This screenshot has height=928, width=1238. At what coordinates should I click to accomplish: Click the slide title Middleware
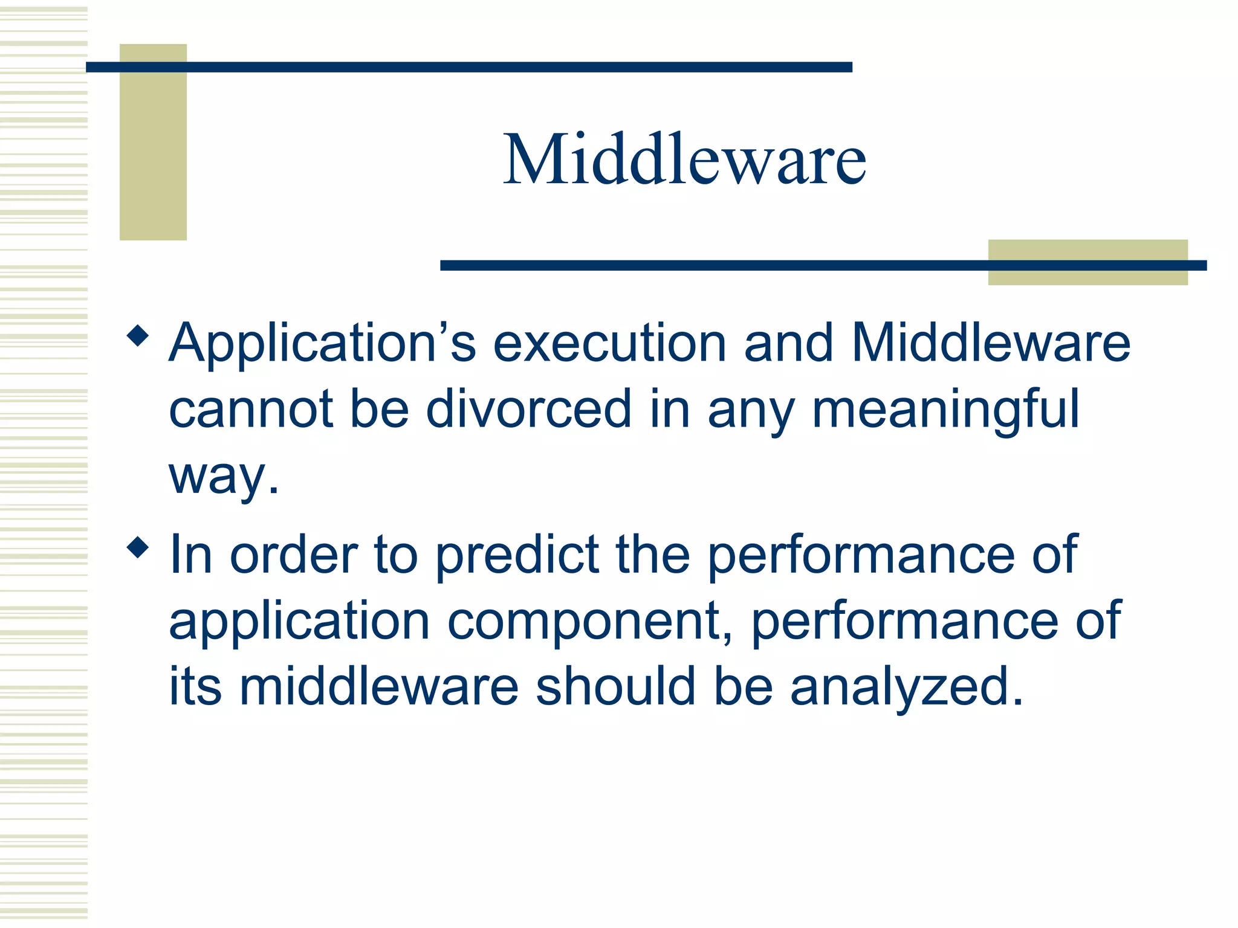point(684,159)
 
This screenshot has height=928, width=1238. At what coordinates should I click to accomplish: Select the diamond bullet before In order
point(138,547)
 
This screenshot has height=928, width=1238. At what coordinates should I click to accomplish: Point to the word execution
point(609,343)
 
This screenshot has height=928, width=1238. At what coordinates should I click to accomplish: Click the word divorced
point(528,409)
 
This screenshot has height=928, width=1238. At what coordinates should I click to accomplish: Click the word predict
point(517,556)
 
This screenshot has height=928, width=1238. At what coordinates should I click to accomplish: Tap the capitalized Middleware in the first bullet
point(990,343)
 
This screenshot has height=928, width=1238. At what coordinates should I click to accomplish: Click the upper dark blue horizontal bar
point(468,67)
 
